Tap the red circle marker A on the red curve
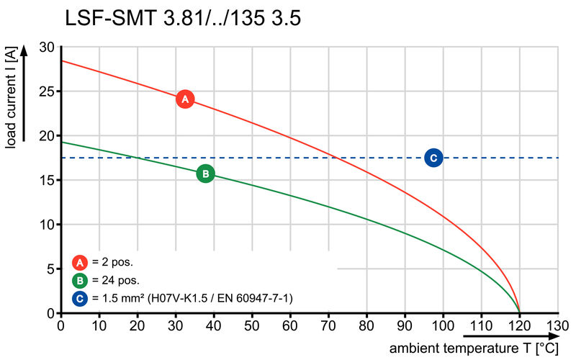(x=184, y=99)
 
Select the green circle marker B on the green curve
(x=205, y=174)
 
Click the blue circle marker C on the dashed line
(x=433, y=158)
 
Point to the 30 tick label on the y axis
(x=47, y=48)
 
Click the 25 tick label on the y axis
(x=47, y=91)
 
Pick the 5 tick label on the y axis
(x=50, y=269)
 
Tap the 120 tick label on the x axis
(x=519, y=325)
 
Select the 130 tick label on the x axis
(x=557, y=325)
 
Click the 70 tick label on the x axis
(x=328, y=325)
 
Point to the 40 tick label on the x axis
(x=214, y=325)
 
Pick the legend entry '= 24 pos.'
(x=116, y=280)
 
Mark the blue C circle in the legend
(x=80, y=297)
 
